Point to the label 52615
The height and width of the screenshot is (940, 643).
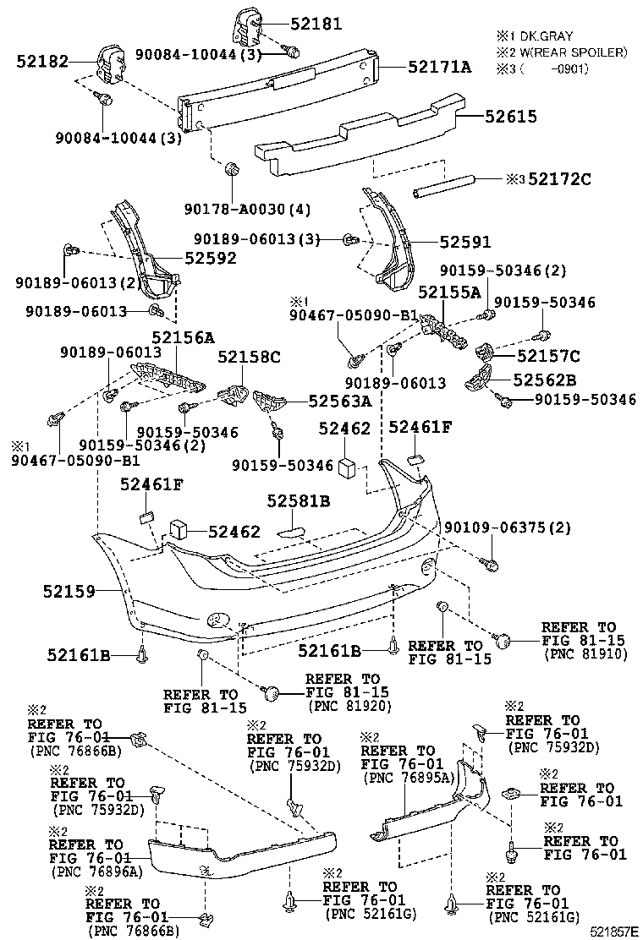tap(510, 117)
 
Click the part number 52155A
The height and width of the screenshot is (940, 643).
tap(449, 292)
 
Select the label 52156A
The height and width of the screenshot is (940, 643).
tap(183, 337)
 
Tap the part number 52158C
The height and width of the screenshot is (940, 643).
tap(249, 358)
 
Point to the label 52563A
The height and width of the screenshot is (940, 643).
tap(339, 402)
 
